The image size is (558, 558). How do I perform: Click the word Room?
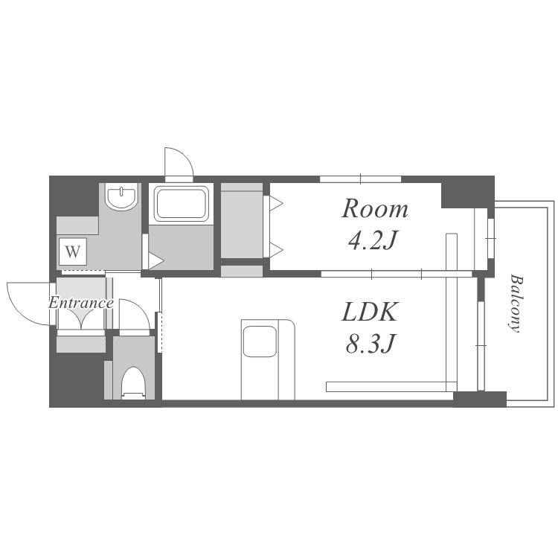pos(375,208)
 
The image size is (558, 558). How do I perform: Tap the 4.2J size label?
pos(372,240)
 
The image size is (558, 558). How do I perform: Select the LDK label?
pos(369,312)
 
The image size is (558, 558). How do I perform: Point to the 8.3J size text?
pos(371,344)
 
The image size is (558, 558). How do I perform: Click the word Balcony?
pos(516,303)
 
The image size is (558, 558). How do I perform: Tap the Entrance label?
pos(81,303)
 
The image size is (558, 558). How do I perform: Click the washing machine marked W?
pos(73,251)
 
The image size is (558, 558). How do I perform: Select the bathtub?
pos(181,204)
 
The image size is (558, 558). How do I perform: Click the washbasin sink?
pos(121,197)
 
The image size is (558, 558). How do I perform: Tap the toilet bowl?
pos(133,383)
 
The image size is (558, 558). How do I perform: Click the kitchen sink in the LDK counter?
pos(260,341)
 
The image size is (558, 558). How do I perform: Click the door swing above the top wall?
pos(179,161)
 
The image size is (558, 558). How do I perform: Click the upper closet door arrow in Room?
pos(277,204)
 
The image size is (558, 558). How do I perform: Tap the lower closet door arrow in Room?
pos(277,250)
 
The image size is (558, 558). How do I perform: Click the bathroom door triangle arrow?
pos(156,261)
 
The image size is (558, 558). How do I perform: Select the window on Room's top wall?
pos(361,179)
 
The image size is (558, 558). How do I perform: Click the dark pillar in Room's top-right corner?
pos(467,192)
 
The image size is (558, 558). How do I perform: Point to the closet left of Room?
pos(242,221)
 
